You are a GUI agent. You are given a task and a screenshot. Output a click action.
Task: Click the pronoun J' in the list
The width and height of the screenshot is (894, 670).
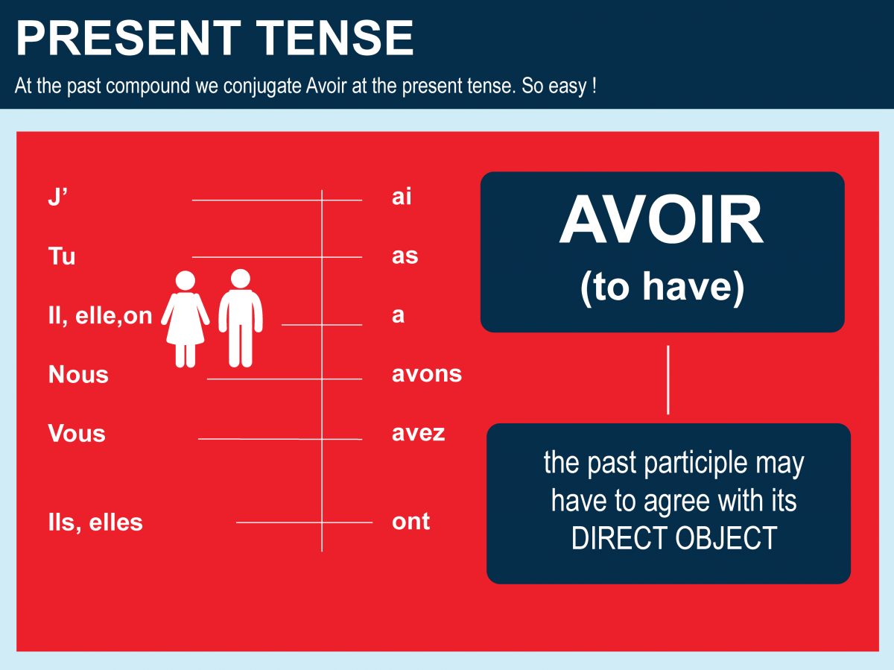tap(58, 197)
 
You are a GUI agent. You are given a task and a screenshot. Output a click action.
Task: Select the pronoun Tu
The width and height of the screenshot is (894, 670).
tap(62, 256)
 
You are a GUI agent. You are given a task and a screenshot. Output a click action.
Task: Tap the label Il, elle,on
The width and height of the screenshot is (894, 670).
tap(100, 316)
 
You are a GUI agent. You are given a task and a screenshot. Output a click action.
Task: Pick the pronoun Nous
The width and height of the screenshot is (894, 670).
tap(78, 374)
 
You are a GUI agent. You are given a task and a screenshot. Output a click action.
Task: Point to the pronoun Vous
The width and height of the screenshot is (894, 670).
tap(77, 433)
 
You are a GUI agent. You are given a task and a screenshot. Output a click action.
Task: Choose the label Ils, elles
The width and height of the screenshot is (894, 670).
tap(95, 522)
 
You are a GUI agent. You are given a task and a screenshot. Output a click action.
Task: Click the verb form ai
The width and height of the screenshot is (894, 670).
tap(402, 196)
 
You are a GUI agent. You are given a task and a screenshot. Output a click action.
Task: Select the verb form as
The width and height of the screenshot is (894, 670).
tap(405, 256)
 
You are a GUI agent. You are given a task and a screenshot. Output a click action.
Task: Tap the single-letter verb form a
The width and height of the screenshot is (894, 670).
tap(398, 316)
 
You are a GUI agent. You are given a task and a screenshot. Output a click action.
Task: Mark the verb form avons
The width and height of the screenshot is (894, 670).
tap(427, 374)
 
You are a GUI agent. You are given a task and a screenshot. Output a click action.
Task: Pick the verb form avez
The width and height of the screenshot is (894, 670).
tap(418, 433)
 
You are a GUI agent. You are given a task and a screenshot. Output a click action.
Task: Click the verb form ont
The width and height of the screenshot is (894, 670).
tap(410, 522)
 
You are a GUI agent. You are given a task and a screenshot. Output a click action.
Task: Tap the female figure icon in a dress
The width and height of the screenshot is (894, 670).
tap(186, 320)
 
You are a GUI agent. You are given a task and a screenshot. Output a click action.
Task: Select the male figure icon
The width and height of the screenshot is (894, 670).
tap(241, 318)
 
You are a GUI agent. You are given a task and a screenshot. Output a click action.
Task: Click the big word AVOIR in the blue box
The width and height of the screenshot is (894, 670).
tap(662, 220)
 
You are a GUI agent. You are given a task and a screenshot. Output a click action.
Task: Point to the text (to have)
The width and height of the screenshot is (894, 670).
tap(662, 288)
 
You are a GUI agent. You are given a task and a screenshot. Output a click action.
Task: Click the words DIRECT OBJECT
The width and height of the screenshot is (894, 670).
tap(674, 538)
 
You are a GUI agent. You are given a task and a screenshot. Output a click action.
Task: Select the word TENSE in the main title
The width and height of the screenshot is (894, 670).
tap(335, 38)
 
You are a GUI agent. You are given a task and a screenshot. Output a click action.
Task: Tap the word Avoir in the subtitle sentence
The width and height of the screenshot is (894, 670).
tap(326, 86)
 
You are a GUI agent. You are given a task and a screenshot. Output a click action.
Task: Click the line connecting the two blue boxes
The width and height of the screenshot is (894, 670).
tap(668, 380)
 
